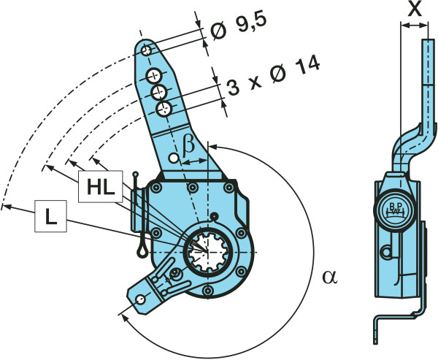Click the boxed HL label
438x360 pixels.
pyautogui.click(x=100, y=186)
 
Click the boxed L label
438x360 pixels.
pyautogui.click(x=50, y=216)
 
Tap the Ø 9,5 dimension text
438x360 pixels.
pyautogui.click(x=238, y=28)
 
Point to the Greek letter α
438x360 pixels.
pyautogui.click(x=330, y=277)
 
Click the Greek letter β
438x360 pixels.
pyautogui.click(x=188, y=148)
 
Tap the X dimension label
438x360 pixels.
pyautogui.click(x=415, y=9)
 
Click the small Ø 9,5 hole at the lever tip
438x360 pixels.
pyautogui.click(x=147, y=50)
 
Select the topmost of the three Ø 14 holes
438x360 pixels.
pyautogui.click(x=154, y=75)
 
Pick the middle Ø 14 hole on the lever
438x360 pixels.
pyautogui.click(x=159, y=92)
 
